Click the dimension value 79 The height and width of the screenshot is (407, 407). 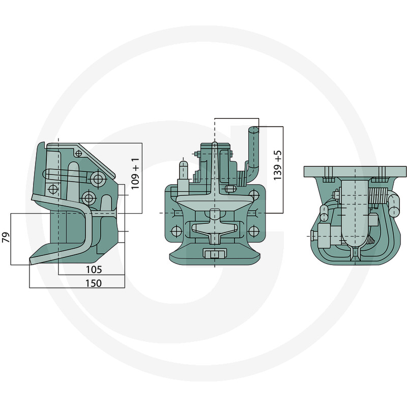click(x=6, y=237)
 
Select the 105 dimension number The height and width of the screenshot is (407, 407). click(x=94, y=270)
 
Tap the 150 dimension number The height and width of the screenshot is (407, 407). click(x=94, y=283)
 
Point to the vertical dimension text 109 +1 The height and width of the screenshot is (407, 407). click(x=135, y=173)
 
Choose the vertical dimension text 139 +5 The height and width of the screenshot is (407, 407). click(x=277, y=165)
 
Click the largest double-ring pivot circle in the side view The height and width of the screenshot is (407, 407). click(x=98, y=179)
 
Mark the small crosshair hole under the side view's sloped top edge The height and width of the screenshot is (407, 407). click(x=79, y=154)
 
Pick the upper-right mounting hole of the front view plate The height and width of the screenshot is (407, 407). click(x=253, y=195)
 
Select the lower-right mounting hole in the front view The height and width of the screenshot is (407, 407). click(x=253, y=230)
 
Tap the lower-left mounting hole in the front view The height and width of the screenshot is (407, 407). click(x=177, y=230)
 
